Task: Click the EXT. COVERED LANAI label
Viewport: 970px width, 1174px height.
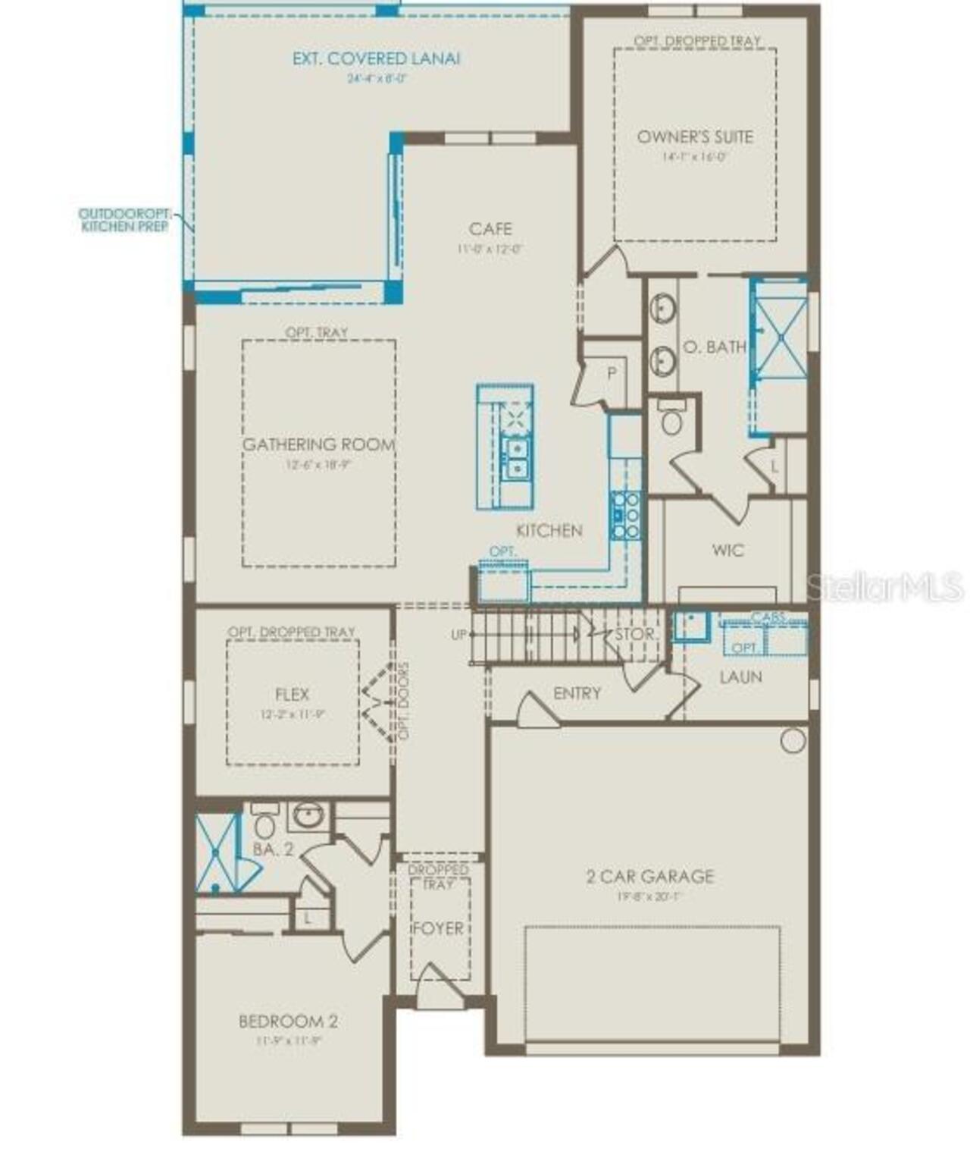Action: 376,59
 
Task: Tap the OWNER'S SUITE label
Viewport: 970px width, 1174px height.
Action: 695,137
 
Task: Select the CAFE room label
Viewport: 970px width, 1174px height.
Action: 490,229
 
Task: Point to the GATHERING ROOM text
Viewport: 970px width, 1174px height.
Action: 318,445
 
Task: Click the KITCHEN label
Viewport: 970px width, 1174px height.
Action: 549,531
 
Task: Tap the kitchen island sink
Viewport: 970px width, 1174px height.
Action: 517,459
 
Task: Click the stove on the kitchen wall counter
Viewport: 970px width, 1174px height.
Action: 626,516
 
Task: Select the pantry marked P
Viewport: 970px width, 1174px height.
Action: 611,373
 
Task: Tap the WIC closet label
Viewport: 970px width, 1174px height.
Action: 727,551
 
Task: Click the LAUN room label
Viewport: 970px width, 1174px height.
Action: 740,677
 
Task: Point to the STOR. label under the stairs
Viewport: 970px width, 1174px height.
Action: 635,635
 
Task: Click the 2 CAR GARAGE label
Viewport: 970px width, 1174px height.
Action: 650,877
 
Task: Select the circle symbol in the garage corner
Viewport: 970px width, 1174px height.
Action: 793,740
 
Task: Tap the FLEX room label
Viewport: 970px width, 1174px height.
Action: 292,695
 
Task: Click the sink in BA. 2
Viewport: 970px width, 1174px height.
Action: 308,817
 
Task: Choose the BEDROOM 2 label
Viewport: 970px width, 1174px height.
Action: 288,1022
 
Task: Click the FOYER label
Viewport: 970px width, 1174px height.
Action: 438,929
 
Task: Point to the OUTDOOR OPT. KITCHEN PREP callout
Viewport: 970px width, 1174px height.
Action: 126,220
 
